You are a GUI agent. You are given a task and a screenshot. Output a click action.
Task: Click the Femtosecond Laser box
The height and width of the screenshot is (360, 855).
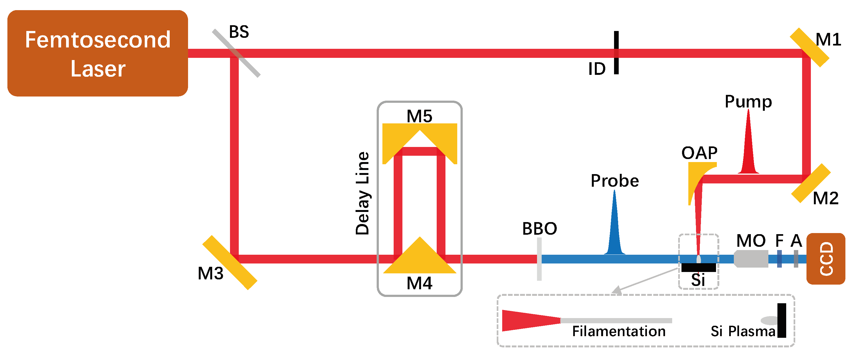pos(98,53)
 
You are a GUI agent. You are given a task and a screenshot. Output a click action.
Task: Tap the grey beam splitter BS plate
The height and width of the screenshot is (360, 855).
pos(236,53)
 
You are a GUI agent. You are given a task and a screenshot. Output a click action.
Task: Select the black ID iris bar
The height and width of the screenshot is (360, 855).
pos(616,52)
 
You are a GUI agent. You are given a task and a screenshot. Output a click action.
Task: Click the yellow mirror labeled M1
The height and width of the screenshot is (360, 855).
pos(809,47)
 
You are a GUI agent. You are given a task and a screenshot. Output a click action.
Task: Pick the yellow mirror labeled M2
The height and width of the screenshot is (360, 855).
pos(811,183)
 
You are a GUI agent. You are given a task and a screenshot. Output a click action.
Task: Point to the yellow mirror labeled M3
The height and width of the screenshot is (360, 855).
pos(230,262)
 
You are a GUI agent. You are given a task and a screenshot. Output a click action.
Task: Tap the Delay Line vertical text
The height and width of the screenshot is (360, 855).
pos(362,193)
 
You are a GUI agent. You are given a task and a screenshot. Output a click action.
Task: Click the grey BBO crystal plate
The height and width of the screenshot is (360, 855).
pos(539,259)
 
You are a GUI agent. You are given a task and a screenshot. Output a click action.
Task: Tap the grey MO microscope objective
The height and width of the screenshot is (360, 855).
pos(751,259)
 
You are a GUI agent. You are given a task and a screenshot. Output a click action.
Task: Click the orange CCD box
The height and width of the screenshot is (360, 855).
pos(826,259)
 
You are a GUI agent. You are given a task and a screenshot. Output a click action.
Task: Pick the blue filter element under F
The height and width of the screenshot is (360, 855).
pos(779,259)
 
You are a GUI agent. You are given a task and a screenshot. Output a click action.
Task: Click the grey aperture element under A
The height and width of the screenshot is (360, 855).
pos(796,259)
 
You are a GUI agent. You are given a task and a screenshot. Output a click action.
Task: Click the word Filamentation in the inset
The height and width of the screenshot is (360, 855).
pos(619,331)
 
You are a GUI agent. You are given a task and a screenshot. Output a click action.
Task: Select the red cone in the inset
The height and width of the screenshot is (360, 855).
pos(528,321)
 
